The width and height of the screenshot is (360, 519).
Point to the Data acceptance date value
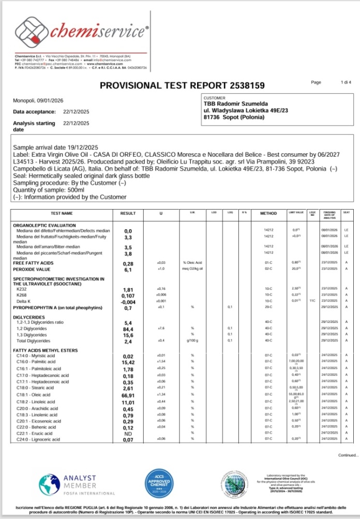(76, 111)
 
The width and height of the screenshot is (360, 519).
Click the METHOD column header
(268, 213)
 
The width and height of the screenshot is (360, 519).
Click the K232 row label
(22, 289)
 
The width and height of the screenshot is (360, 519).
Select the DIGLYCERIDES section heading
(30, 316)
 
